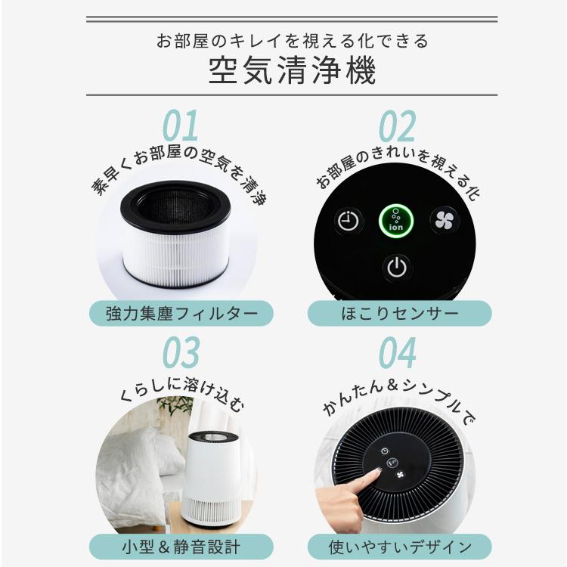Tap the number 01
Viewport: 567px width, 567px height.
181,126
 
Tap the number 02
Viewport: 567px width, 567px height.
396,126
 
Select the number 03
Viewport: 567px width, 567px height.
181,352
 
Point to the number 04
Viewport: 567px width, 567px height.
396,352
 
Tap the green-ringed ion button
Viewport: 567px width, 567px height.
396,220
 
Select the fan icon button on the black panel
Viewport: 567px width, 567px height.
444,220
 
